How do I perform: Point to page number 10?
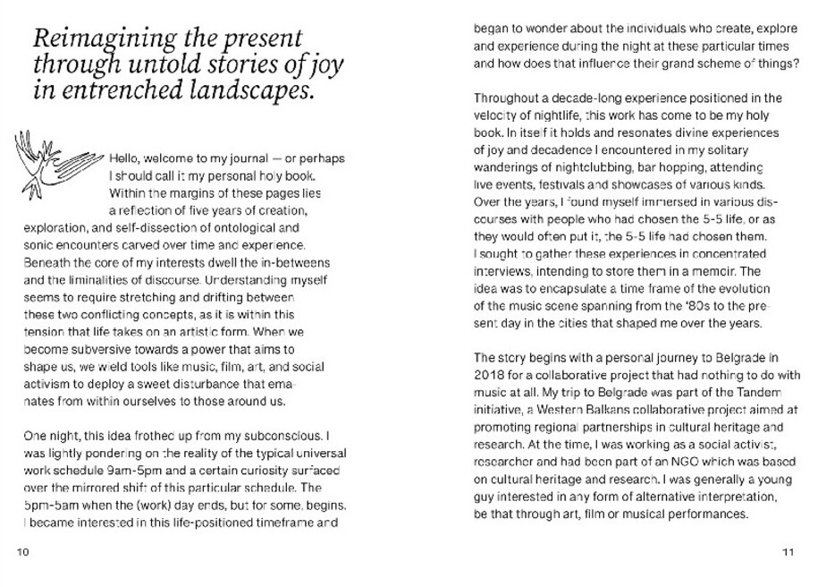[x=24, y=551]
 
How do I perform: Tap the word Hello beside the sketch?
[x=124, y=159]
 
